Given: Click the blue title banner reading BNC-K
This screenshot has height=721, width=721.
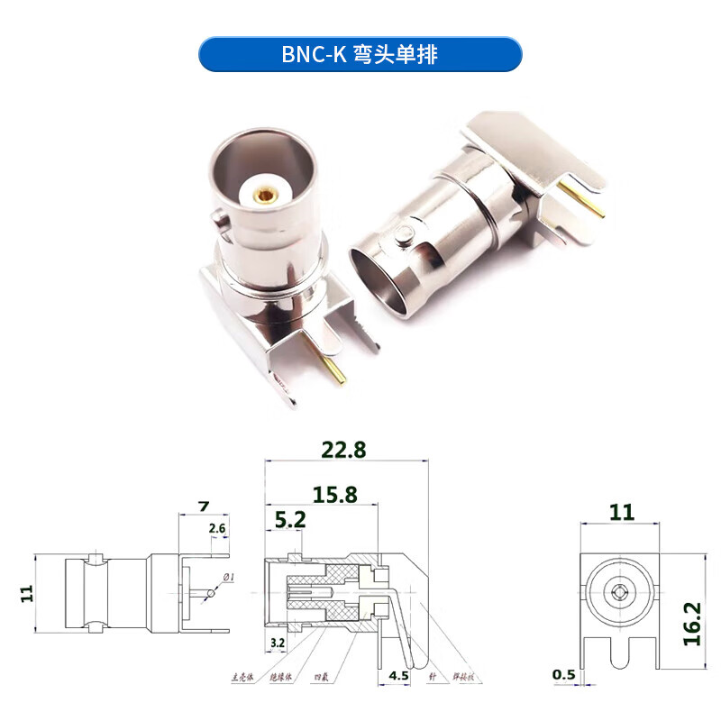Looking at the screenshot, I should tap(360, 54).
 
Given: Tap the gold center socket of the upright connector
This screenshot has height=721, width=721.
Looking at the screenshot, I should tap(265, 192).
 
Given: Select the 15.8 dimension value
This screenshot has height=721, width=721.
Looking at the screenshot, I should tap(335, 494).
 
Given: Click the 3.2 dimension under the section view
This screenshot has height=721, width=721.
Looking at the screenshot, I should tap(278, 643).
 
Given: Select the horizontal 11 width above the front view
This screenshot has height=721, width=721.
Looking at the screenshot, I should tap(622, 513).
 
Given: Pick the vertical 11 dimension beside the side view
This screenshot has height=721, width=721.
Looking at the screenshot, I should tap(26, 592).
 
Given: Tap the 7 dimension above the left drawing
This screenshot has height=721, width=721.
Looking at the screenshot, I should tap(203, 507).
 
